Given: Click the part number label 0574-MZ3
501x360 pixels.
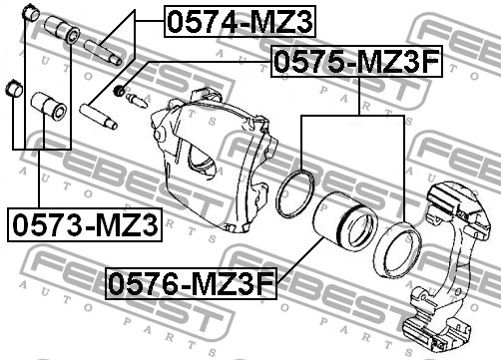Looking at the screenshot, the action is pos(240,21).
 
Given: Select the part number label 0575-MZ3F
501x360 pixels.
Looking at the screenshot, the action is pos(357,61).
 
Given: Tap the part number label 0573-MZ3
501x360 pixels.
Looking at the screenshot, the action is pos(85,225).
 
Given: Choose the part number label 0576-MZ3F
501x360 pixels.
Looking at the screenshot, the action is pos(191,283).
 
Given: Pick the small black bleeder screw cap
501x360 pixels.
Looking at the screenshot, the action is pos(119,90).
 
